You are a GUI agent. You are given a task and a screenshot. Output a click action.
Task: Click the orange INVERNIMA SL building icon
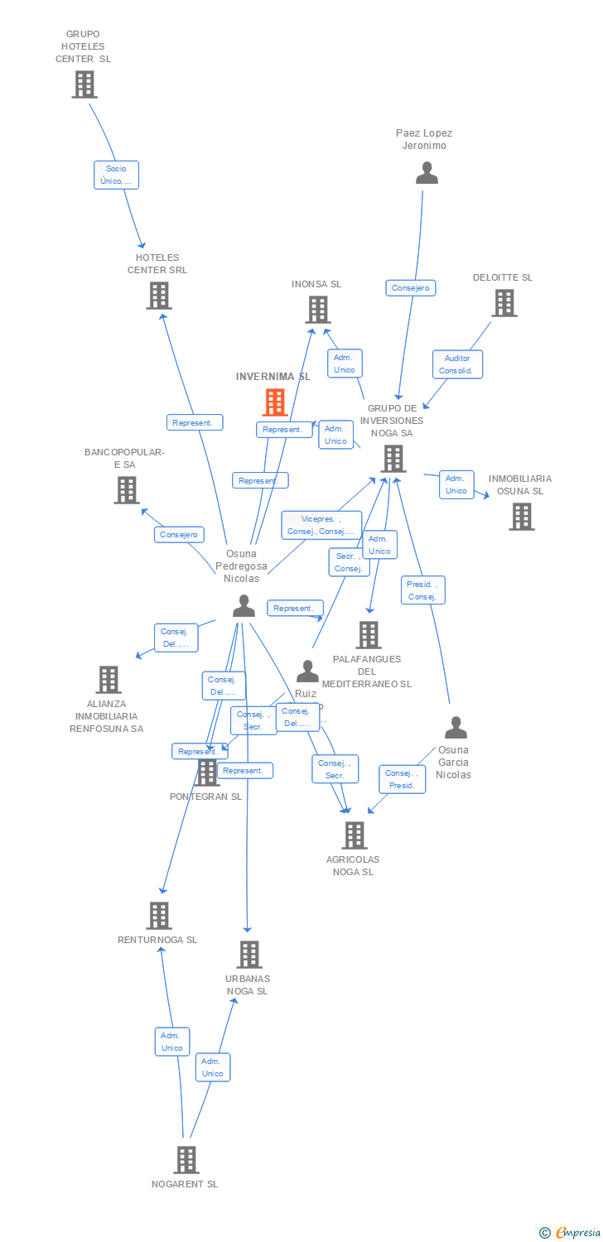(x=274, y=402)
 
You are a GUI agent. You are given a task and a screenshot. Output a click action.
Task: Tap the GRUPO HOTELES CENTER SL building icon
(x=84, y=84)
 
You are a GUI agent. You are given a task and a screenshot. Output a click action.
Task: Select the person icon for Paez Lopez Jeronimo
(x=427, y=173)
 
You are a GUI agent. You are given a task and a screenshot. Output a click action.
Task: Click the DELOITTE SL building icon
(x=504, y=304)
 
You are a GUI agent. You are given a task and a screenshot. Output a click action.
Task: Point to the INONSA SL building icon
(x=317, y=310)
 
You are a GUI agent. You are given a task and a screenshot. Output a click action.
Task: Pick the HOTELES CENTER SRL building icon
(x=158, y=296)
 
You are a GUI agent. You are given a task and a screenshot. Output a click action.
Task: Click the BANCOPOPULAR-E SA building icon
(x=126, y=490)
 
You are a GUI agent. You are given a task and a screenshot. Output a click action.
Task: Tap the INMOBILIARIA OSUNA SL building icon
(x=521, y=517)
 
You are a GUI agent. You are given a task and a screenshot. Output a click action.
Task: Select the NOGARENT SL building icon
(x=186, y=1160)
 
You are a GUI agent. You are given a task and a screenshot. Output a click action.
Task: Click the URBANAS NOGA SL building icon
(x=248, y=955)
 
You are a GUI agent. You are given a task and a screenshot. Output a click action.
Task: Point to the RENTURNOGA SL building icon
(x=159, y=916)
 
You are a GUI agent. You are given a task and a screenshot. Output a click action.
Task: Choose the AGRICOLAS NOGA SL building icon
(x=354, y=835)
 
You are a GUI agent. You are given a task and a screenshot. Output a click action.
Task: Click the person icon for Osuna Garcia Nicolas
(x=456, y=728)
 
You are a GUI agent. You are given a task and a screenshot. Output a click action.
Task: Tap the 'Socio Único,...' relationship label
(x=116, y=175)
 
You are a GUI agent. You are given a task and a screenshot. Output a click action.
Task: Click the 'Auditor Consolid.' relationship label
(x=457, y=364)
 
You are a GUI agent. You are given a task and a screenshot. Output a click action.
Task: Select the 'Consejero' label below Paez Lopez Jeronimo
(x=410, y=288)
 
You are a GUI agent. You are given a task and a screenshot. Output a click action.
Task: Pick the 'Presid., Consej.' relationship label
(x=422, y=590)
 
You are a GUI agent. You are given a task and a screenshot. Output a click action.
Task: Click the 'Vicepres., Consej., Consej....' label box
(x=321, y=525)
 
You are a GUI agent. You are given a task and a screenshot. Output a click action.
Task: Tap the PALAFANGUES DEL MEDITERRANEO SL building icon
(x=368, y=635)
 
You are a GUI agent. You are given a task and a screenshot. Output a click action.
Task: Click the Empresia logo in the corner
(x=570, y=1232)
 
